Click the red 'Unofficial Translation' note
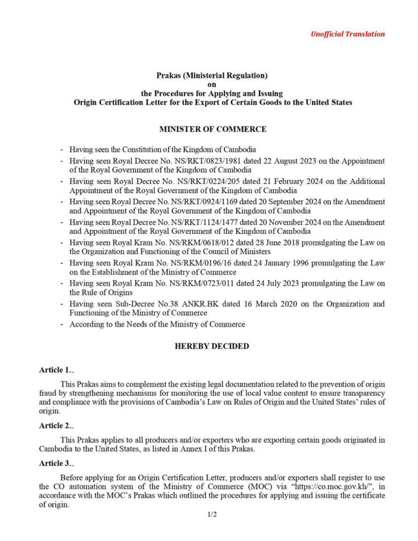pos(348,34)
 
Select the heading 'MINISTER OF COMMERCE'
pos(212,129)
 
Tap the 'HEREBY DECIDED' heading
pos(212,346)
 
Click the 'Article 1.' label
pos(55,371)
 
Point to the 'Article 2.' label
pos(55,426)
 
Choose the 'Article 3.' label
pos(55,464)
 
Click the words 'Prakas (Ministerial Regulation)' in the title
pos(212,76)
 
